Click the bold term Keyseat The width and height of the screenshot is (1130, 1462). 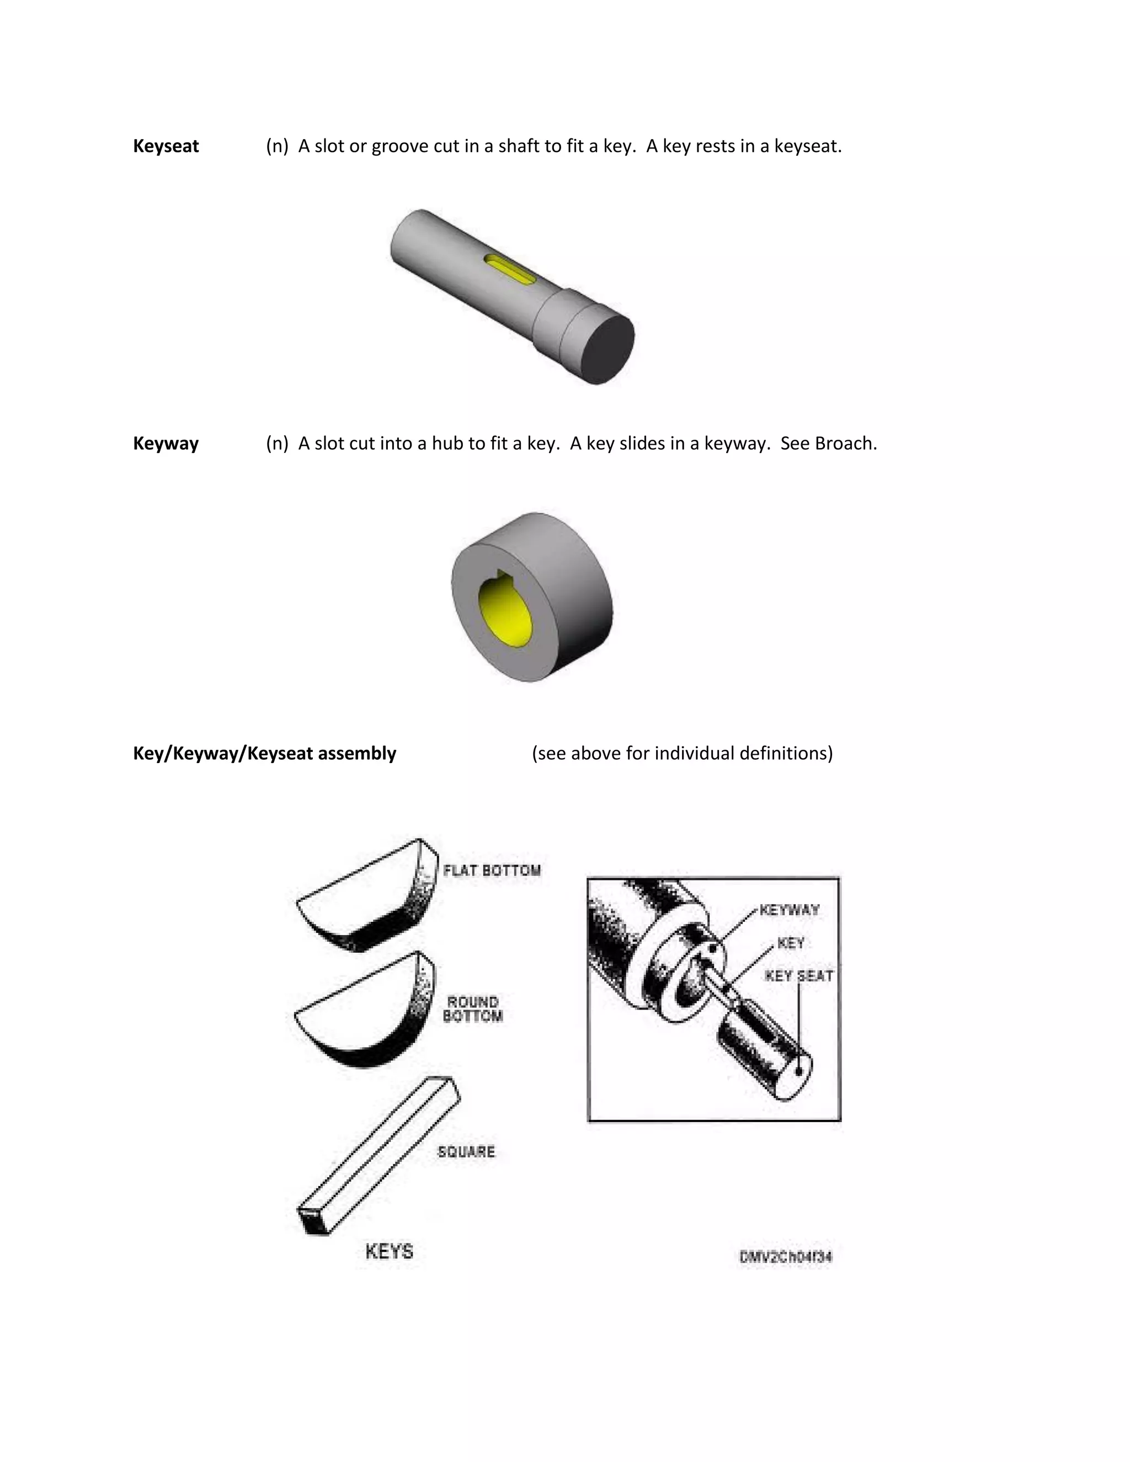click(166, 146)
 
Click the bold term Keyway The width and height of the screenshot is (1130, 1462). click(166, 443)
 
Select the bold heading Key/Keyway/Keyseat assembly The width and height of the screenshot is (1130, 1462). click(264, 753)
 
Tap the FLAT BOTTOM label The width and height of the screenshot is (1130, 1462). click(492, 870)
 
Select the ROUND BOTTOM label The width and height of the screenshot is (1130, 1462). click(473, 1009)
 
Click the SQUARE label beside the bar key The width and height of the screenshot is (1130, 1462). click(466, 1151)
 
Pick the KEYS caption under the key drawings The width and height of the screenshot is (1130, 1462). click(389, 1251)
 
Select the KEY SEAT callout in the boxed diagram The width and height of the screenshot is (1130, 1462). click(798, 976)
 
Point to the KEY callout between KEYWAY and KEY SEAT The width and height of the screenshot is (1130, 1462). click(791, 943)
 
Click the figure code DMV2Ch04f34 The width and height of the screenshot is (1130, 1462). click(785, 1256)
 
